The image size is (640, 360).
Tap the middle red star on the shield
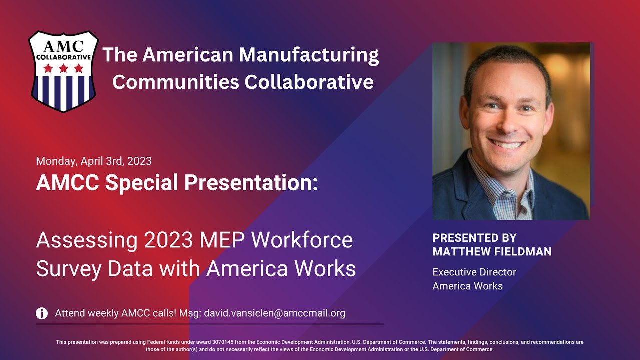point(63,68)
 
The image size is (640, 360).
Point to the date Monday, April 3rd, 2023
point(94,161)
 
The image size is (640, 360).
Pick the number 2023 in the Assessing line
point(167,240)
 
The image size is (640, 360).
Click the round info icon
point(42,313)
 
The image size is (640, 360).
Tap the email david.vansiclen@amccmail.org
point(275,313)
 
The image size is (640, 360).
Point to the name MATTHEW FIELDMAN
point(492,252)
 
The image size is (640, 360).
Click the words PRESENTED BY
point(474,238)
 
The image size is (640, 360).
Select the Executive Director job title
point(474,272)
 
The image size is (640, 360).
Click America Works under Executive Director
point(467,286)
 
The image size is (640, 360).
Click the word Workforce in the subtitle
point(302,240)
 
